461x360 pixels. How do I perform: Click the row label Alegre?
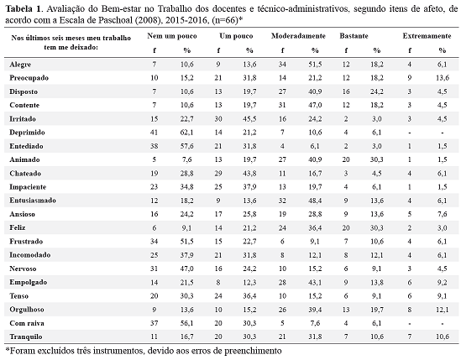pyautogui.click(x=20, y=65)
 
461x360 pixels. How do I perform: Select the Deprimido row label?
pyautogui.click(x=27, y=133)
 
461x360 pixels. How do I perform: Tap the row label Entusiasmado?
pyautogui.click(x=33, y=201)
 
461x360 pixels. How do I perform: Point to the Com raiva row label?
pyautogui.click(x=27, y=323)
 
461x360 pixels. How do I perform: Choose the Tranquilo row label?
pyautogui.click(x=26, y=337)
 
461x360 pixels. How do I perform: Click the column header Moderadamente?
pyautogui.click(x=298, y=36)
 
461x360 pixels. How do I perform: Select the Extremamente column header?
pyautogui.click(x=427, y=36)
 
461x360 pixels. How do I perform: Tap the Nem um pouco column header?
pyautogui.click(x=172, y=36)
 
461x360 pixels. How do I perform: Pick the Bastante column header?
pyautogui.click(x=354, y=36)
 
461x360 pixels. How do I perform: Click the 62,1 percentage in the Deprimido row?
pyautogui.click(x=187, y=133)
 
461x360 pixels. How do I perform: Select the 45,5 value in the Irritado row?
pyautogui.click(x=249, y=119)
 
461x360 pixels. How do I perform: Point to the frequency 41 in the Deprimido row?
pyautogui.click(x=154, y=133)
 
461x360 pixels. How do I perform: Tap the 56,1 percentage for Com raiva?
pyautogui.click(x=187, y=323)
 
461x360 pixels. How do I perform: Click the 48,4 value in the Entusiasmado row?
pyautogui.click(x=315, y=201)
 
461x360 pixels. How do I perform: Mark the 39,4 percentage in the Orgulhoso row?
pyautogui.click(x=315, y=310)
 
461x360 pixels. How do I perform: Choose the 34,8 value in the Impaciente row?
pyautogui.click(x=187, y=187)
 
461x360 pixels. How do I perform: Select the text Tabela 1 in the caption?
pyautogui.click(x=23, y=9)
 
